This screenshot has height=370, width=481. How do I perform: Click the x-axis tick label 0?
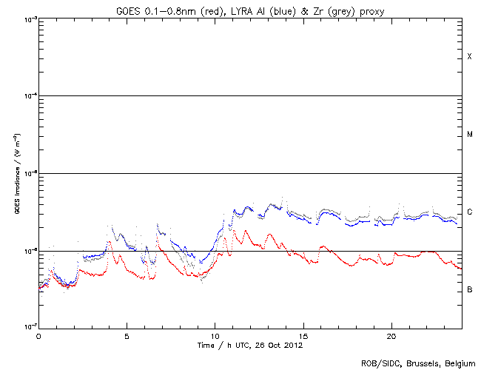click(38, 336)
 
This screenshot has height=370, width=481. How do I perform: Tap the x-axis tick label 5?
click(127, 336)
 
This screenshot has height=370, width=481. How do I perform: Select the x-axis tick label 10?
click(215, 336)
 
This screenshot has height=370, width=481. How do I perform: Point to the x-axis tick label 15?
click(303, 336)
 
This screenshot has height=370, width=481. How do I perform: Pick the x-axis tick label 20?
click(391, 336)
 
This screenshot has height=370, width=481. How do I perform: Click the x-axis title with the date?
click(250, 345)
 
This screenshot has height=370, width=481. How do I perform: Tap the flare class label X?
click(469, 57)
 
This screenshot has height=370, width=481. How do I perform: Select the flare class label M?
click(469, 135)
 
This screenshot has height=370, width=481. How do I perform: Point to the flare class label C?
click(469, 212)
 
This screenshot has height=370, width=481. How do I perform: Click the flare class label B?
click(469, 289)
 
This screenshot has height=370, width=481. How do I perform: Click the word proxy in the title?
click(368, 10)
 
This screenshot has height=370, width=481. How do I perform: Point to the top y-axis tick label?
click(29, 19)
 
